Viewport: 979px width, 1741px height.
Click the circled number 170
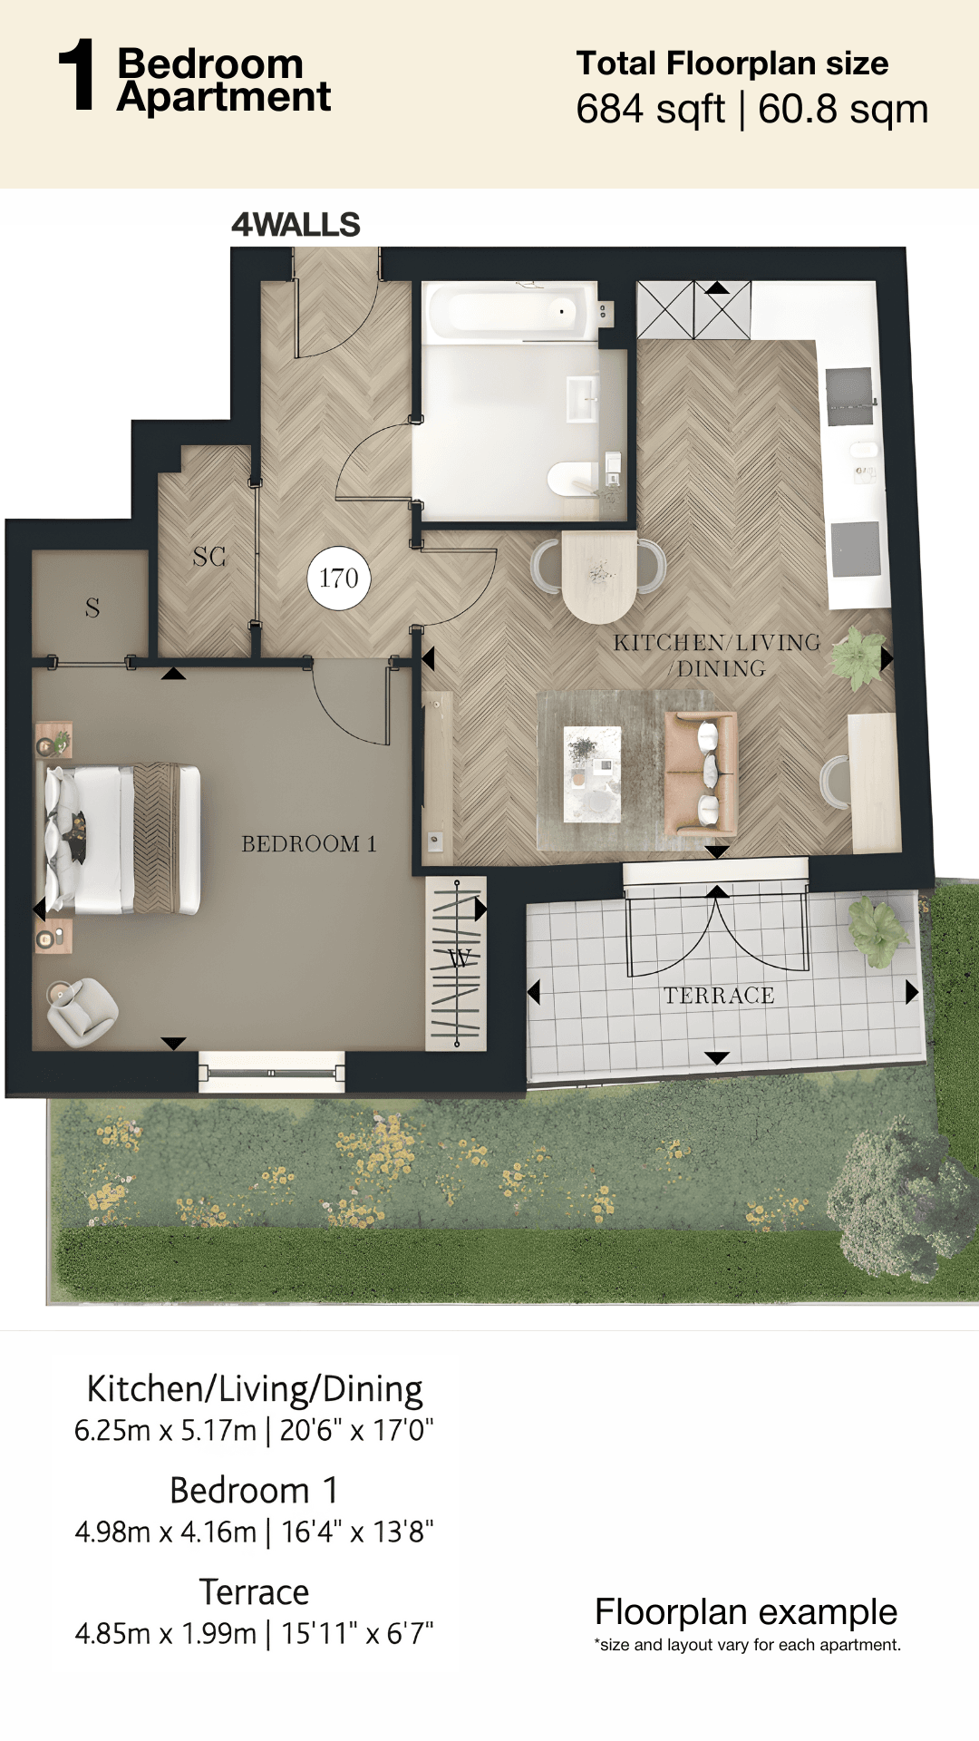tap(339, 578)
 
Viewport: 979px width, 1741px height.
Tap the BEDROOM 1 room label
tap(309, 844)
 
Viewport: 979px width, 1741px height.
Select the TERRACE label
tap(719, 996)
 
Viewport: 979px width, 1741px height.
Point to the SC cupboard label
tap(209, 557)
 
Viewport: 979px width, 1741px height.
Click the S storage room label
tap(92, 608)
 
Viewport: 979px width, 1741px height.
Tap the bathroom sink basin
tap(582, 400)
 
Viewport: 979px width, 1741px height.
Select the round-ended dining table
tap(599, 577)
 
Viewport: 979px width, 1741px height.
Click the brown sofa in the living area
tap(700, 773)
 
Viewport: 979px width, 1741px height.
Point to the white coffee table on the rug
tap(593, 773)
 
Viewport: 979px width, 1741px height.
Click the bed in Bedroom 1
tap(122, 839)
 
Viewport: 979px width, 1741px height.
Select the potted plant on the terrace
tap(877, 930)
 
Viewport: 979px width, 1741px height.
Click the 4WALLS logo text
tap(296, 224)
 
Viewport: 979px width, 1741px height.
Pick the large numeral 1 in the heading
tap(78, 75)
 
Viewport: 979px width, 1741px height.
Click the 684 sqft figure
tap(650, 110)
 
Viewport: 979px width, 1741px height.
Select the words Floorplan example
tap(746, 1611)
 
